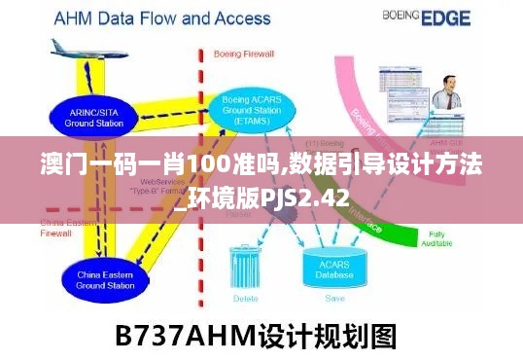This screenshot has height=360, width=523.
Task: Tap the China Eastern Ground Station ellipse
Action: pyautogui.click(x=104, y=281)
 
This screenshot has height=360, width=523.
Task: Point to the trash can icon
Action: pyautogui.click(x=246, y=267)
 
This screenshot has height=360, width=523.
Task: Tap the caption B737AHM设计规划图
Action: pyautogui.click(x=256, y=336)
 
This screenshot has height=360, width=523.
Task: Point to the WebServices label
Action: pyautogui.click(x=161, y=181)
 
